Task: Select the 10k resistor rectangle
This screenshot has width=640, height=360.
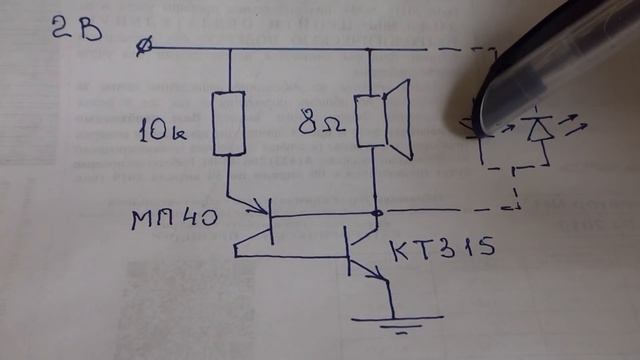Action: pyautogui.click(x=230, y=124)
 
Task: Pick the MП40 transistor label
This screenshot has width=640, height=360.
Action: pyautogui.click(x=175, y=219)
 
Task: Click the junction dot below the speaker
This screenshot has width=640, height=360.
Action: pyautogui.click(x=377, y=212)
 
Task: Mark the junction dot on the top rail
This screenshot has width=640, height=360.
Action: pyautogui.click(x=370, y=48)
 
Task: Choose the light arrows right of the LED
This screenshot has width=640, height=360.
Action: pyautogui.click(x=575, y=124)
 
